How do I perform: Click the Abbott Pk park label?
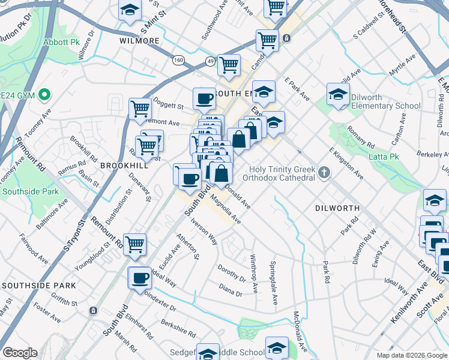tap(61, 43)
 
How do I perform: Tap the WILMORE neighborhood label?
tap(139, 41)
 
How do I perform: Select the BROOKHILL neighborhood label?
tap(124, 164)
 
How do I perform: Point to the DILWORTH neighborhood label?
tap(337, 208)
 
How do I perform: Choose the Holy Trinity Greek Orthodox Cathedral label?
tap(279, 173)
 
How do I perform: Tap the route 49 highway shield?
tap(209, 61)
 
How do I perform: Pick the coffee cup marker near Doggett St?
tap(204, 98)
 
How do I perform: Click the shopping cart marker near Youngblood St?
tap(135, 244)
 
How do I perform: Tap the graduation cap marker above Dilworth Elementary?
tap(338, 94)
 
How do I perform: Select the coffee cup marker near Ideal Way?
tap(140, 277)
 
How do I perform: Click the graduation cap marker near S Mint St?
tap(130, 11)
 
